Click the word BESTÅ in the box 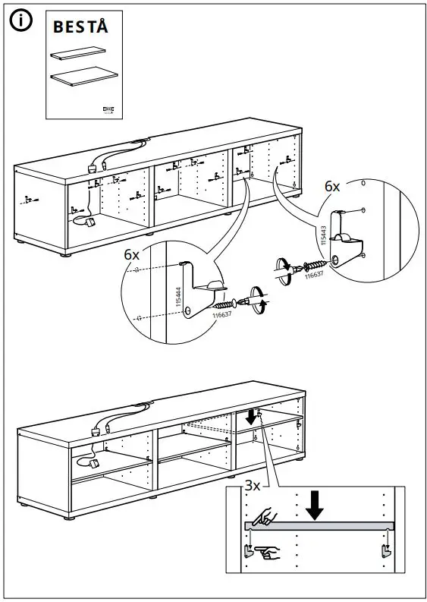click(x=80, y=27)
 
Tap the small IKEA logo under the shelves click(x=106, y=111)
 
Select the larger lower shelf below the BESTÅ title click(x=83, y=77)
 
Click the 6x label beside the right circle click(x=332, y=186)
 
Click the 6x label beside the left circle click(x=132, y=255)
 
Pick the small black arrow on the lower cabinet click(x=251, y=417)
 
